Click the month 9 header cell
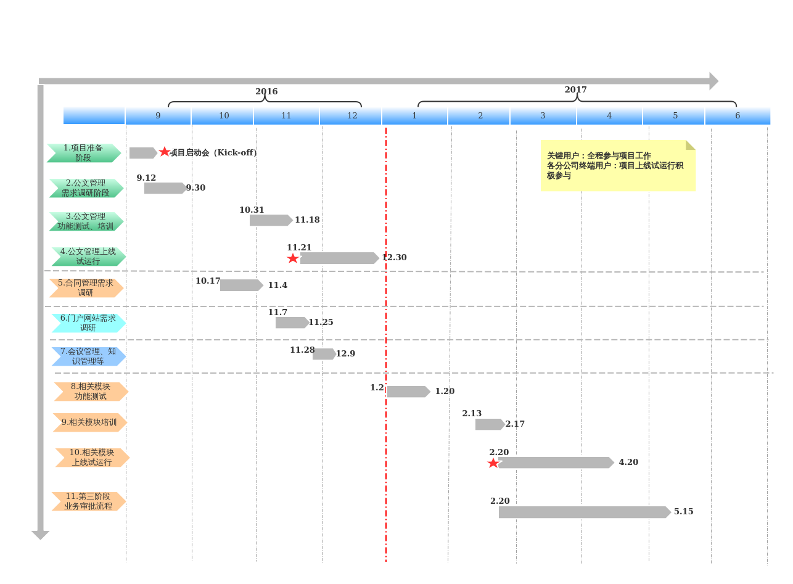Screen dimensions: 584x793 [x=158, y=116]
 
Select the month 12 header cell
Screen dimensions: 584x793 [x=351, y=116]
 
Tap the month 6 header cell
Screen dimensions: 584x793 [x=738, y=116]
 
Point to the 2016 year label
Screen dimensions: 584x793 [x=266, y=91]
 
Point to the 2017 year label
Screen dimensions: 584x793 [x=575, y=89]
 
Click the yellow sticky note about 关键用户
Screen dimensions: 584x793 [x=618, y=166]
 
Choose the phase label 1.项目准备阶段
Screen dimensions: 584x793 [x=84, y=153]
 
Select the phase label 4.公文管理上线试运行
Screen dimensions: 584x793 [x=88, y=257]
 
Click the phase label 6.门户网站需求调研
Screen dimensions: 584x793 [x=88, y=323]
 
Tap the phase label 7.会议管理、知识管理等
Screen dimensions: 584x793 [x=88, y=356]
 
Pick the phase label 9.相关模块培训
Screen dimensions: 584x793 [x=89, y=422]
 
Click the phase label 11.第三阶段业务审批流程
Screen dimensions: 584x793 [x=88, y=501]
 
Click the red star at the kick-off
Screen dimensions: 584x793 [x=165, y=152]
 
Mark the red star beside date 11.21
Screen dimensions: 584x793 [x=292, y=258]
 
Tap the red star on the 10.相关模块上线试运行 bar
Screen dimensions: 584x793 [x=493, y=463]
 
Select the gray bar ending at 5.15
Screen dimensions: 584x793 [x=585, y=512]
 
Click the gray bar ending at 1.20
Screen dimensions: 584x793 [x=408, y=392]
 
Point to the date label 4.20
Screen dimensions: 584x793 [x=628, y=462]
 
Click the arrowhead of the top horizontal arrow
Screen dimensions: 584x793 [x=713, y=81]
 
